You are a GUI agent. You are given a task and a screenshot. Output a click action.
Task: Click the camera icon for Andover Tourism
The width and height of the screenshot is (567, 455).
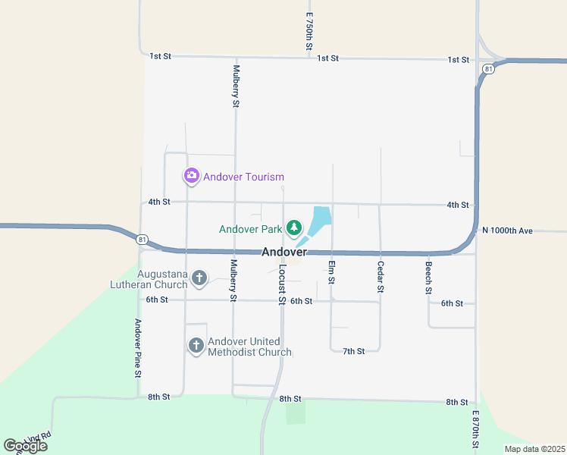click(x=191, y=177)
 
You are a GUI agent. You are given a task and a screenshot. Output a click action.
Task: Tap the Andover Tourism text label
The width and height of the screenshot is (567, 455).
click(x=244, y=177)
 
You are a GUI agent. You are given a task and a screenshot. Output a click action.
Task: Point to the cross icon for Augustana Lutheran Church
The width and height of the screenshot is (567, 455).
click(x=199, y=278)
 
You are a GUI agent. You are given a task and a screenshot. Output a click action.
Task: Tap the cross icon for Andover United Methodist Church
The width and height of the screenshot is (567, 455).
click(x=196, y=347)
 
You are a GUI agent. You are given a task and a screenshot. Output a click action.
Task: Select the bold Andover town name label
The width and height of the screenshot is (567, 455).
click(x=284, y=252)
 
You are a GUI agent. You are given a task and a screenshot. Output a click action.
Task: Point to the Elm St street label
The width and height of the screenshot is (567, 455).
click(x=331, y=272)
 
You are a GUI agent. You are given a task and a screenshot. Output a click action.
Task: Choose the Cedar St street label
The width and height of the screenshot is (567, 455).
click(x=381, y=277)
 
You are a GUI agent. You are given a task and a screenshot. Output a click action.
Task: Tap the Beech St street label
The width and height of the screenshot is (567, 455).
click(x=428, y=277)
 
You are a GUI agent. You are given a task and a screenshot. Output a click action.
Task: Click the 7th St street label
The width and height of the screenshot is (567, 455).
click(x=354, y=351)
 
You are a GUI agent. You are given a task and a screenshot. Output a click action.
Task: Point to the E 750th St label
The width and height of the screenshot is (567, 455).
click(x=309, y=32)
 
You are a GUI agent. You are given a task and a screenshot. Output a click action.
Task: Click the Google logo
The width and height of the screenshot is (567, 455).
click(x=25, y=446)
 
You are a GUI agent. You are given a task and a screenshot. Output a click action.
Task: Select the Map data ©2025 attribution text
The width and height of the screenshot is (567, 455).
click(x=534, y=449)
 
